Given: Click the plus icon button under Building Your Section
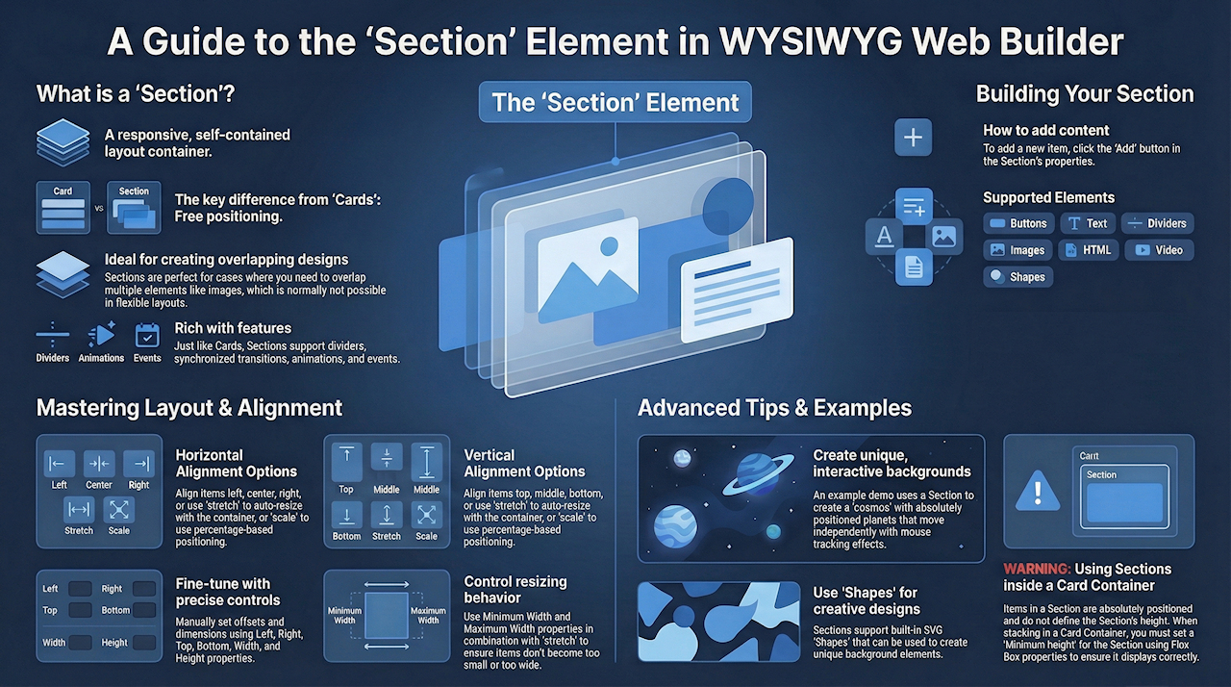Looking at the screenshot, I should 913,138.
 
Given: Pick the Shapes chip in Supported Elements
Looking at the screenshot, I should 1017,277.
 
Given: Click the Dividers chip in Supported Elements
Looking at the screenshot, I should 1157,223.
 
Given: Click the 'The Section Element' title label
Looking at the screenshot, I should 615,103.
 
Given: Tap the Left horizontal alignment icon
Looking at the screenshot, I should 60,463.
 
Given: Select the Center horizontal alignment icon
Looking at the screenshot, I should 99,463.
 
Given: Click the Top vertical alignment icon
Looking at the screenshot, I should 346,463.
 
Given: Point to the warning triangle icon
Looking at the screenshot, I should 1036,490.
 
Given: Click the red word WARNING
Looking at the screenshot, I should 1036,569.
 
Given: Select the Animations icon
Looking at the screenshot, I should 101,335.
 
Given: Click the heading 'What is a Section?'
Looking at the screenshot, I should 136,94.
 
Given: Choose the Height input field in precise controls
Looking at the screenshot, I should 144,642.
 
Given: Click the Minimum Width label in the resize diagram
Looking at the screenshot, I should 343,616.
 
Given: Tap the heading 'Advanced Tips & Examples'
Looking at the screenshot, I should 774,408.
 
